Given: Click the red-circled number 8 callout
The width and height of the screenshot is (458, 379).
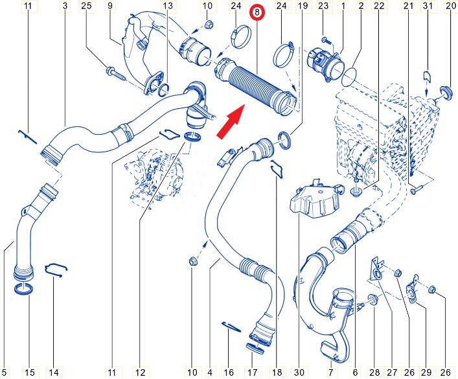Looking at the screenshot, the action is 257,13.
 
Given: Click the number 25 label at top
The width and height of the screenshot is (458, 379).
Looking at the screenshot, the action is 86,6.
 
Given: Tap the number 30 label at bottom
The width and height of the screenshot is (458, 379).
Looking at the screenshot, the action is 299,373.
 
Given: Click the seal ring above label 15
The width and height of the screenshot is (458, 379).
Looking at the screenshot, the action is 24,290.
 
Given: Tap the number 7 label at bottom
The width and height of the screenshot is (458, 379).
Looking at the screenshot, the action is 331,373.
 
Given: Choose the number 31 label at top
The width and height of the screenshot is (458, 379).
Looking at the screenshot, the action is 428,6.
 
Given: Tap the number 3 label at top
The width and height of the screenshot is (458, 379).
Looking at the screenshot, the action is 65,6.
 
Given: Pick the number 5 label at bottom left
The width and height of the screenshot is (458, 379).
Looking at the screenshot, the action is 4,373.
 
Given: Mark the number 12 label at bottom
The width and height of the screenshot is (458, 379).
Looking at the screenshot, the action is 141,373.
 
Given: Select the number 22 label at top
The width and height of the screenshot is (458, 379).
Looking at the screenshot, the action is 379,6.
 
